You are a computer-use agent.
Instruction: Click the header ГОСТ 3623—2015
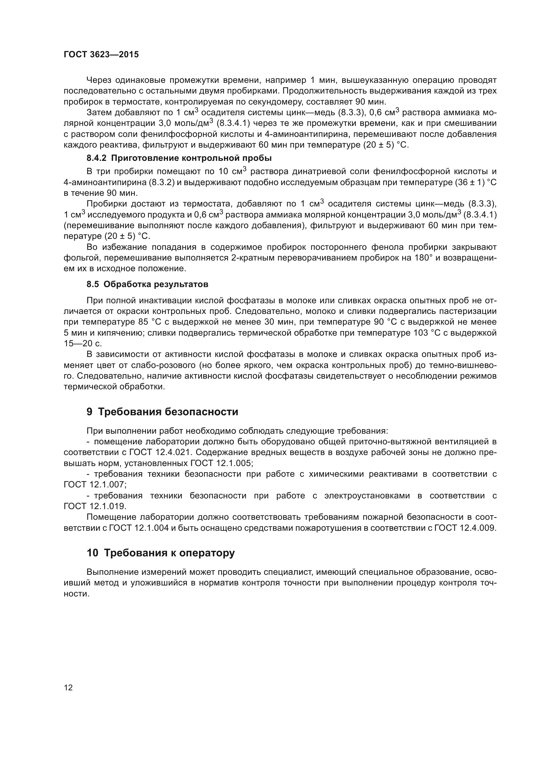[101, 55]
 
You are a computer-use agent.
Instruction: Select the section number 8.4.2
[96, 158]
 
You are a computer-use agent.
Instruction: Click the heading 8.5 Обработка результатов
[147, 284]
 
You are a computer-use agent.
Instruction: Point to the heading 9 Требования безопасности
[162, 412]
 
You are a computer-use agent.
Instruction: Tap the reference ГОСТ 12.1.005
[221, 463]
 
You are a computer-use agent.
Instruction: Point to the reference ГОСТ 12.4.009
[465, 528]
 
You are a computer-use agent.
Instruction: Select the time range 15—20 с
[83, 344]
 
